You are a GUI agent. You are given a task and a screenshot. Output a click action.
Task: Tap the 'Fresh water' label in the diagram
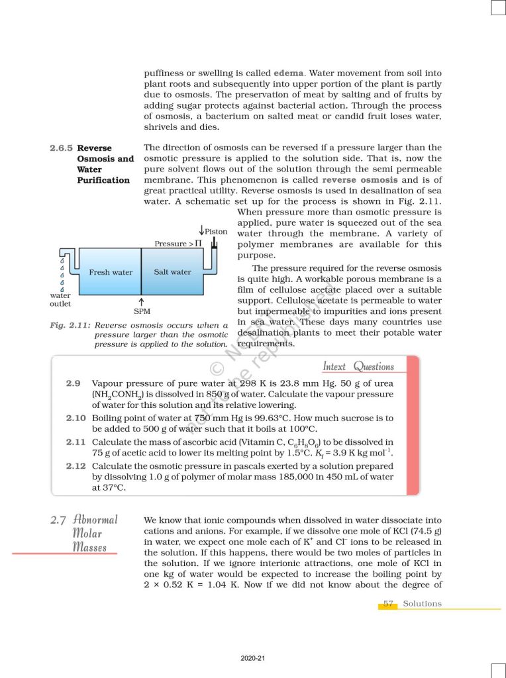111,272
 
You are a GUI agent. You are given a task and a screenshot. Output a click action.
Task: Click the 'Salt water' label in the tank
172,272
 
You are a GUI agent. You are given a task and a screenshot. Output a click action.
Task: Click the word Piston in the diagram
216,232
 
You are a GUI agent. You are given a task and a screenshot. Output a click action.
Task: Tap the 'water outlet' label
60,299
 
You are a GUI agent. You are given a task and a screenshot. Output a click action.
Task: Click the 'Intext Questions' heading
358,366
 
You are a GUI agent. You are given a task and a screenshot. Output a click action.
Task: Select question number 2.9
73,383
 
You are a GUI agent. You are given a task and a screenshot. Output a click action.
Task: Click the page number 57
389,604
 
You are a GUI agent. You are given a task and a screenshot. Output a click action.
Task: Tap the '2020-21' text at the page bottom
253,659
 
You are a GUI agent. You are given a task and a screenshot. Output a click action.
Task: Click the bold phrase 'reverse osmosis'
360,180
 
